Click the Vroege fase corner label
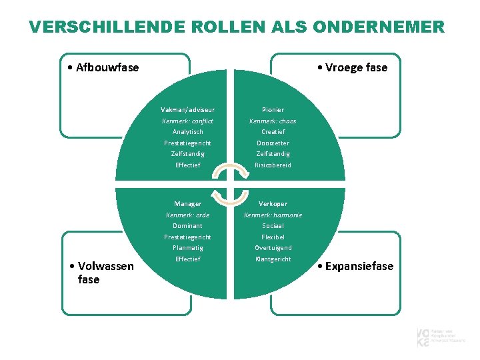click(x=352, y=67)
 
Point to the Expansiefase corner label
click(x=356, y=267)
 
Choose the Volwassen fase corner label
click(x=101, y=273)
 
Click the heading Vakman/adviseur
click(x=187, y=109)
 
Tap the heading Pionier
click(x=273, y=109)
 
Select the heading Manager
click(x=187, y=203)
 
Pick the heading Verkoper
click(x=273, y=203)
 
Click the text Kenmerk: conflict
click(x=187, y=121)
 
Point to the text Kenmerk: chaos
click(x=273, y=121)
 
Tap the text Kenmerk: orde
click(x=187, y=215)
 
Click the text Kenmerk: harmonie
click(x=273, y=215)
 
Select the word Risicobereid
click(x=273, y=165)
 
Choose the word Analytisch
click(x=187, y=132)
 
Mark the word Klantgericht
click(x=273, y=259)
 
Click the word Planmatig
click(x=187, y=247)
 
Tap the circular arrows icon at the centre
click(x=230, y=183)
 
